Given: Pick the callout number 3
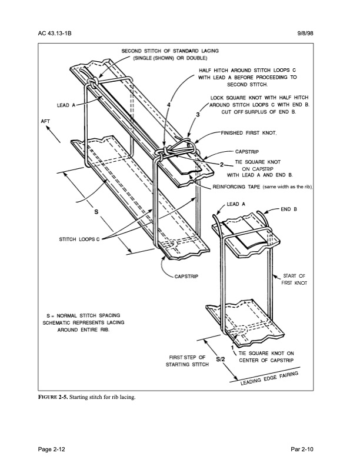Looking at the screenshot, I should (x=198, y=114).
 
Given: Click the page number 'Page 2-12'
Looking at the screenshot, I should (x=58, y=450).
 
